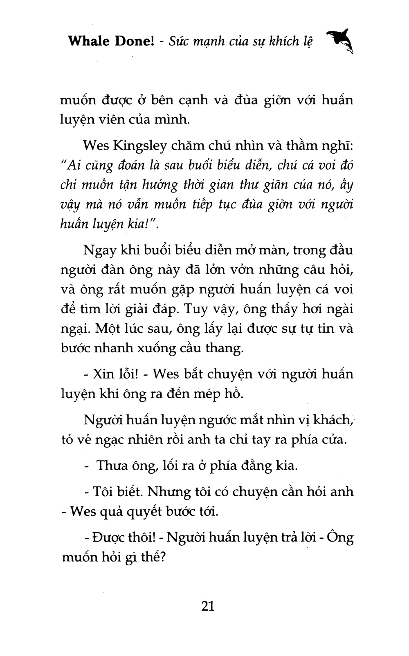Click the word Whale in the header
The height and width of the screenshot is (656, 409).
point(88,41)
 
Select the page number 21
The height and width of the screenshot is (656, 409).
point(208,605)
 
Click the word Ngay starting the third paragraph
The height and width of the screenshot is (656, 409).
point(99,250)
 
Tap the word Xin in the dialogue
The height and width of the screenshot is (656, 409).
point(104,374)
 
